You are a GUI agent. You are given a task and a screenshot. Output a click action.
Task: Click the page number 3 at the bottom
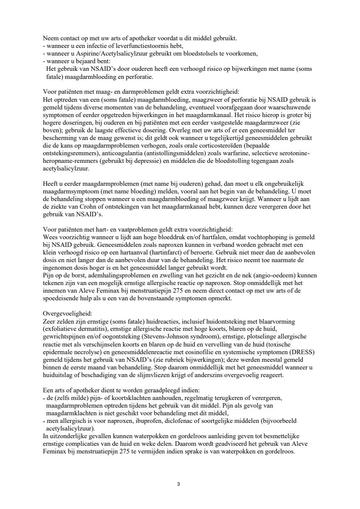click(x=179, y=484)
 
